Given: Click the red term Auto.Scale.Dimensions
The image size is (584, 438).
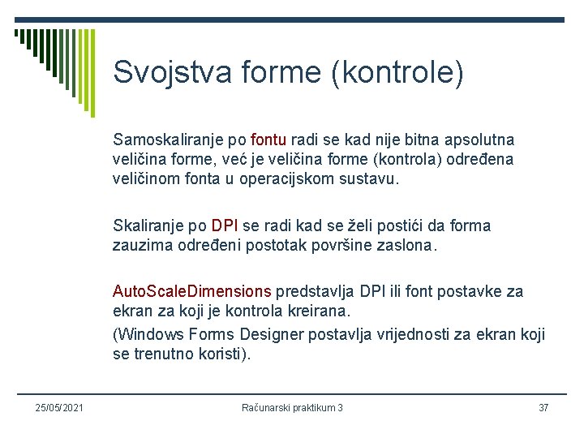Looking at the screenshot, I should [x=192, y=291].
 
